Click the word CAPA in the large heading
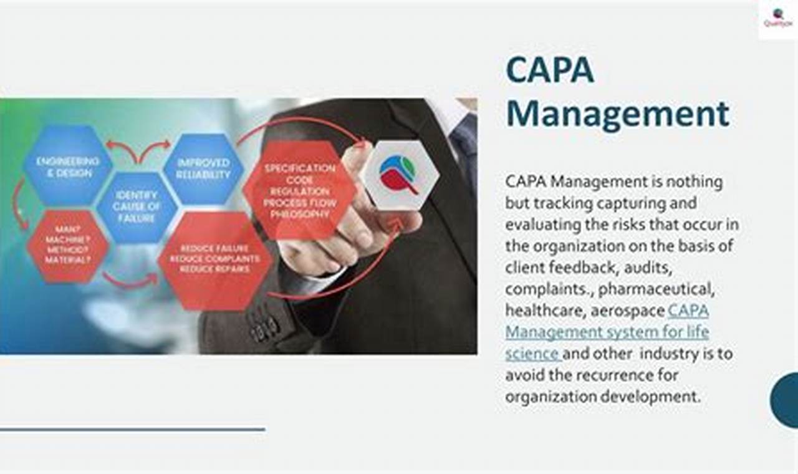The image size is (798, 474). (550, 70)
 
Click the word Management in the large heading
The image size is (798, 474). (617, 114)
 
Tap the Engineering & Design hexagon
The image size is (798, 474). (68, 167)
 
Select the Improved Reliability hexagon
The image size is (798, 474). (203, 168)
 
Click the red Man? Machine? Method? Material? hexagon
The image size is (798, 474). (68, 245)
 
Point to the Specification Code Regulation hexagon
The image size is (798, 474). (300, 191)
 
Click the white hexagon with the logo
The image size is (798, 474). (400, 175)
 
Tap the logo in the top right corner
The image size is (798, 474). (777, 18)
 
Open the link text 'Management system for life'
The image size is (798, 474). (607, 332)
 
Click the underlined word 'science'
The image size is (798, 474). (532, 354)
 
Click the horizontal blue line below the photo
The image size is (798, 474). (132, 429)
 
